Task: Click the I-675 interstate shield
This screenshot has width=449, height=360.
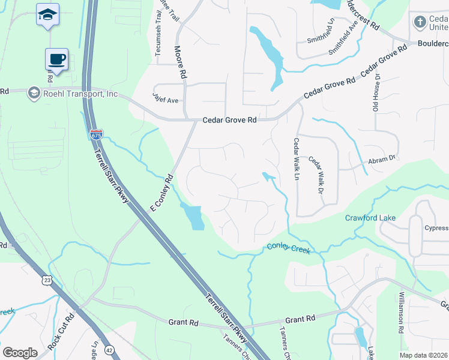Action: coord(96,134)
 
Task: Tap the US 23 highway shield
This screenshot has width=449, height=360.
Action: coord(47,280)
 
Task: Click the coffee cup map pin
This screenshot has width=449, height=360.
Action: coord(56,59)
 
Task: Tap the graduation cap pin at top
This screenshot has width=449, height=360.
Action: coord(47,15)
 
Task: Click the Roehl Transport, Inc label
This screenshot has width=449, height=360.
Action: coord(80,94)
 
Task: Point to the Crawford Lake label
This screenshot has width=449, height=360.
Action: coord(370,218)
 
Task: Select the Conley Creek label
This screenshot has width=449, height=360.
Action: coord(288,247)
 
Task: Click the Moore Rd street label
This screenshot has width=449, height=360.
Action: coord(179,62)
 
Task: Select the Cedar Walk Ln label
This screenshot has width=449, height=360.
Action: coord(295,159)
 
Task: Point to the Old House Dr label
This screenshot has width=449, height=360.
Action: coord(377,94)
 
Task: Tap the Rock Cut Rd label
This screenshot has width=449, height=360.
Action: coord(61,332)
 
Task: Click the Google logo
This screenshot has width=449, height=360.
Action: coord(20,352)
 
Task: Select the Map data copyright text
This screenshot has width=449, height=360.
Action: coord(423,355)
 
